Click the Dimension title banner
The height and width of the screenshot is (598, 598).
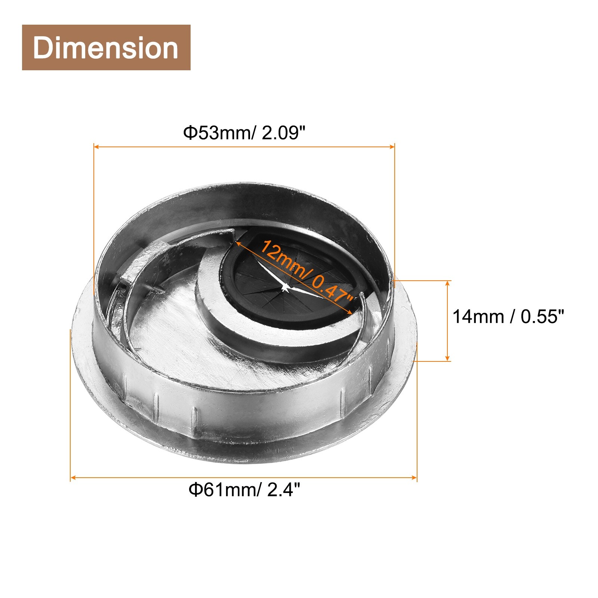(106, 47)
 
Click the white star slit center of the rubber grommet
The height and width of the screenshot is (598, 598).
(286, 287)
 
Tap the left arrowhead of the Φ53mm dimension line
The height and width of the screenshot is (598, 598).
(96, 147)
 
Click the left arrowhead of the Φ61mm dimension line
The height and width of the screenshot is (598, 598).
(73, 478)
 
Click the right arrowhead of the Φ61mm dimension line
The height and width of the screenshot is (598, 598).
(414, 478)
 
